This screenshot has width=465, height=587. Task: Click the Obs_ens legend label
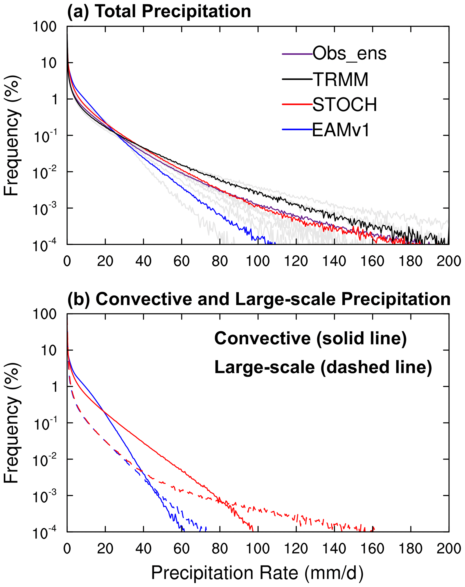[349, 54]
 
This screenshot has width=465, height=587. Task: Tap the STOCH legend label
[345, 105]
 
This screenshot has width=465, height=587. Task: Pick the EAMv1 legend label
[341, 130]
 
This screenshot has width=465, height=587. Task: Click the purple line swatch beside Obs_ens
[297, 54]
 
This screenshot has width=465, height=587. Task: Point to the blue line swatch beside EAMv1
[297, 130]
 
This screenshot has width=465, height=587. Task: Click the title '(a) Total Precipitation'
[159, 11]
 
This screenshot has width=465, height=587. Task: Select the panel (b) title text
[259, 299]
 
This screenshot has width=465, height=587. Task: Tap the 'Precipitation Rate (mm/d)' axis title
[257, 573]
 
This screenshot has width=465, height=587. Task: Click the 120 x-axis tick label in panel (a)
[296, 261]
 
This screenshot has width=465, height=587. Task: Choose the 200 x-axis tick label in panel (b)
[449, 549]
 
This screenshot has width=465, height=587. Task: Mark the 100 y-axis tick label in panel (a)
[45, 27]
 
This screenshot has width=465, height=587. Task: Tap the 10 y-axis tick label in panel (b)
[48, 351]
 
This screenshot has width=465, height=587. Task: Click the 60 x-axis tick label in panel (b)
[182, 549]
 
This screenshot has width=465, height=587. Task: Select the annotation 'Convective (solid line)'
[310, 338]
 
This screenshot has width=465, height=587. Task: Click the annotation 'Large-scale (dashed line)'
[323, 368]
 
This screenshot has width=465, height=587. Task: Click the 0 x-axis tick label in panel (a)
[67, 261]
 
